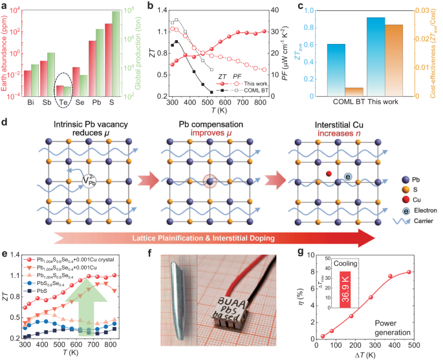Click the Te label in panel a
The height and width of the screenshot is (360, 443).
click(63, 103)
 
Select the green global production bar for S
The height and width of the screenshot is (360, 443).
click(116, 54)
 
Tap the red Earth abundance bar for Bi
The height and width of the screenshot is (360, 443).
click(27, 83)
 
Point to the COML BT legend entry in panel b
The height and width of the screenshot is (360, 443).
click(243, 90)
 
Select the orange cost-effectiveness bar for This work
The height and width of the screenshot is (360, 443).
click(394, 60)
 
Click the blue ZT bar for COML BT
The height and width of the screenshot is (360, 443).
click(336, 70)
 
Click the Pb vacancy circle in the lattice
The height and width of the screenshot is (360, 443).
click(89, 181)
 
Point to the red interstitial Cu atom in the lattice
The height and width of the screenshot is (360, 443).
click(329, 174)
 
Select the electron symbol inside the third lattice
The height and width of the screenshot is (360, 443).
click(348, 177)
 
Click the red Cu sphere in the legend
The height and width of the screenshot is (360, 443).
click(405, 200)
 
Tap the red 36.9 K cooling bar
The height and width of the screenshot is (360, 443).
click(345, 290)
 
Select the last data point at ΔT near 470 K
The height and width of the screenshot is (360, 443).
click(409, 272)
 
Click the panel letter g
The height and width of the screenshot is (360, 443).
click(301, 252)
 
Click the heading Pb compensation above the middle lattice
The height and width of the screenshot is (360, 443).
click(211, 125)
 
